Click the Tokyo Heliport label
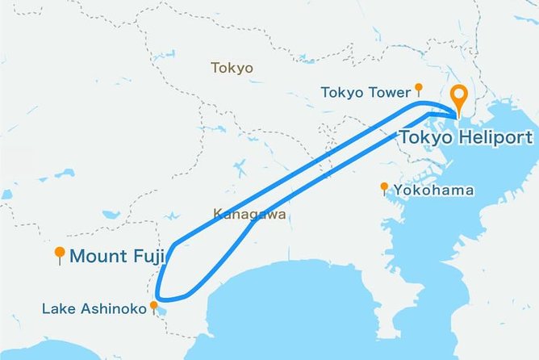point(466,136)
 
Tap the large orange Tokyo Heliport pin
point(459,98)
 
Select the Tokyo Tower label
point(366,92)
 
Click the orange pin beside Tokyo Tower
point(418,88)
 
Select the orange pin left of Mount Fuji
point(59,254)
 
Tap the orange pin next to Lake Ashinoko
point(154,306)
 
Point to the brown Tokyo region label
point(232,68)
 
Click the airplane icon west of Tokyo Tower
point(239,169)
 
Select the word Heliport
point(495,136)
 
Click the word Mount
point(98,257)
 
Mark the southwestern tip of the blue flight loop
point(161,295)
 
